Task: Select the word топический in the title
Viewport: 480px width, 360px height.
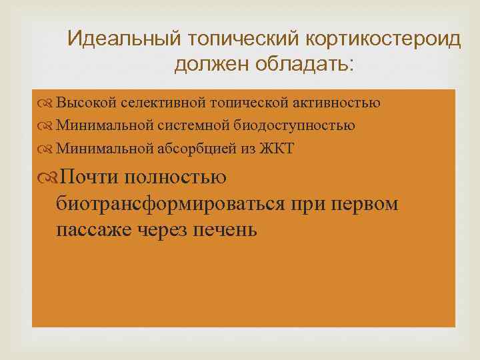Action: click(x=234, y=39)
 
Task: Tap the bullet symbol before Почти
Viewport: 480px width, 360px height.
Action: click(x=48, y=177)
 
